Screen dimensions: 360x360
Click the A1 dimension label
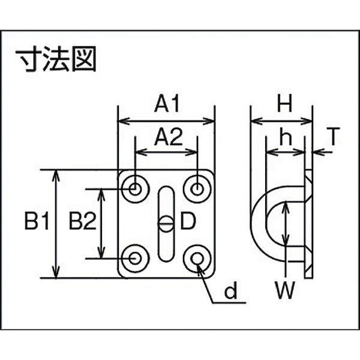tap(167, 105)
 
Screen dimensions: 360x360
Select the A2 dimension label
tap(167, 139)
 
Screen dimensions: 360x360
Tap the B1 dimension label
tap(37, 223)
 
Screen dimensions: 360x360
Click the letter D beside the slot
tap(188, 223)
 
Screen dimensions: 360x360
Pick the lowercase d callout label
tap(230, 293)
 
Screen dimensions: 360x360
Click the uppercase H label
tap(284, 105)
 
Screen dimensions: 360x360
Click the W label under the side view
tap(285, 293)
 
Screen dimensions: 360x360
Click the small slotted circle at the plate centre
tap(166, 224)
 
